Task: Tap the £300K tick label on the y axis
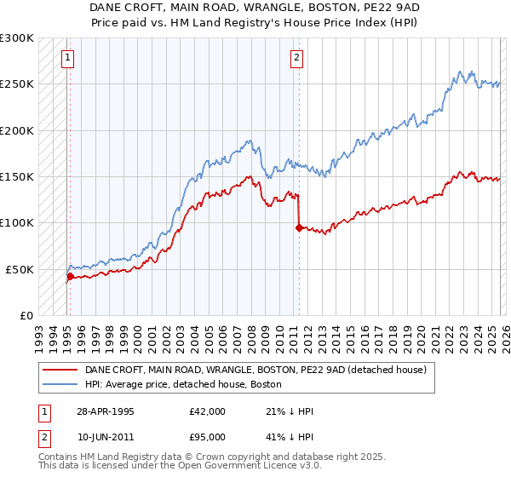coord(17,38)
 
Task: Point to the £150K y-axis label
coord(17,176)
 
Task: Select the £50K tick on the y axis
coord(20,269)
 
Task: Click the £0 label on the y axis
coord(26,315)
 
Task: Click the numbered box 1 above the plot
coord(67,58)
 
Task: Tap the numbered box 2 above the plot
coord(296,58)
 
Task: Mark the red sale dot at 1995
coord(70,276)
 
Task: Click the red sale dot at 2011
coord(298,227)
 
